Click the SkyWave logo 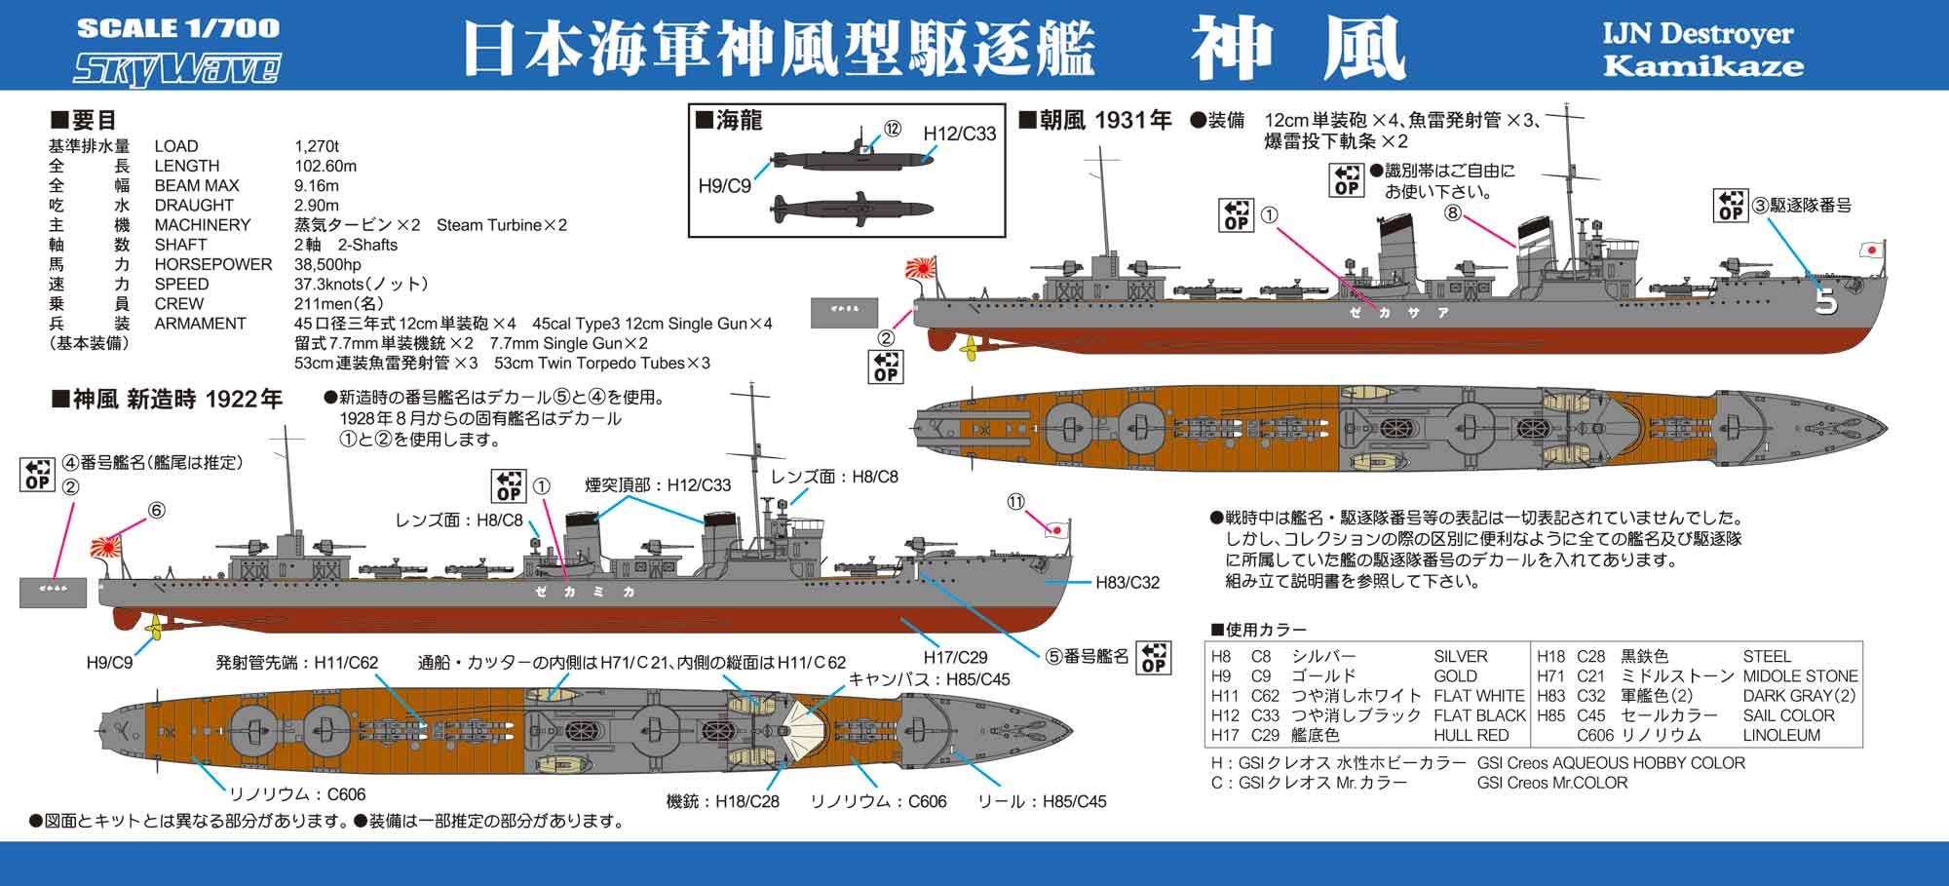point(178,69)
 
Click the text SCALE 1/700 point(178,28)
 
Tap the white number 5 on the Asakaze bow point(1826,303)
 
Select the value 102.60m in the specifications point(325,166)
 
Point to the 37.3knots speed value point(362,284)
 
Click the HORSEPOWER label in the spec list point(213,264)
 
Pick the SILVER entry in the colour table point(1461,656)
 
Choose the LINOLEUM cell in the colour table point(1781,735)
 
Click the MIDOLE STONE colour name point(1800,675)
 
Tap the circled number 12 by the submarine point(893,130)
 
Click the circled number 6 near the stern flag point(157,510)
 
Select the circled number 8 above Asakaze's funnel point(1453,212)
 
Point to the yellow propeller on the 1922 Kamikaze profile point(152,630)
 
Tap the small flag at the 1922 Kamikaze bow point(1054,529)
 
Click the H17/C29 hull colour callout point(956,657)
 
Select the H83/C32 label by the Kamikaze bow point(1127,583)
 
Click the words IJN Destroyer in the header point(1698,34)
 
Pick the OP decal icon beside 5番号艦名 point(1154,657)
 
